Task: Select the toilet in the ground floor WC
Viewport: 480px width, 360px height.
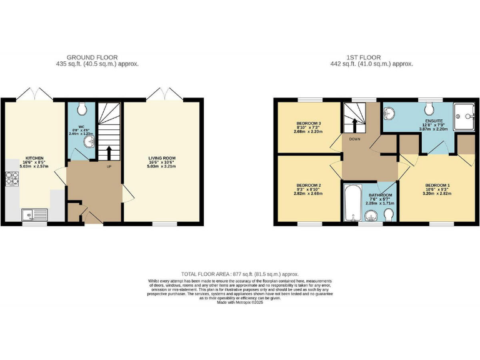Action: [x=81, y=111]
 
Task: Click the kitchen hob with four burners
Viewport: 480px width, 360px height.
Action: [x=12, y=179]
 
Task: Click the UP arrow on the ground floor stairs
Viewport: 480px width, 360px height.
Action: [x=110, y=152]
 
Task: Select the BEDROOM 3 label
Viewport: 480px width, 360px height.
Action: [x=308, y=124]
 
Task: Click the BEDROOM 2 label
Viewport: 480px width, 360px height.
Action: [x=308, y=186]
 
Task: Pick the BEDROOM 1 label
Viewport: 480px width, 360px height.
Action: [x=437, y=186]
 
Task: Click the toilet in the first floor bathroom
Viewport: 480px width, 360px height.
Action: [x=388, y=216]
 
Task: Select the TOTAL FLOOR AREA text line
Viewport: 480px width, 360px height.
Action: [x=240, y=274]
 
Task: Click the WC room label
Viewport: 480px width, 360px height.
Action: [x=81, y=127]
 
